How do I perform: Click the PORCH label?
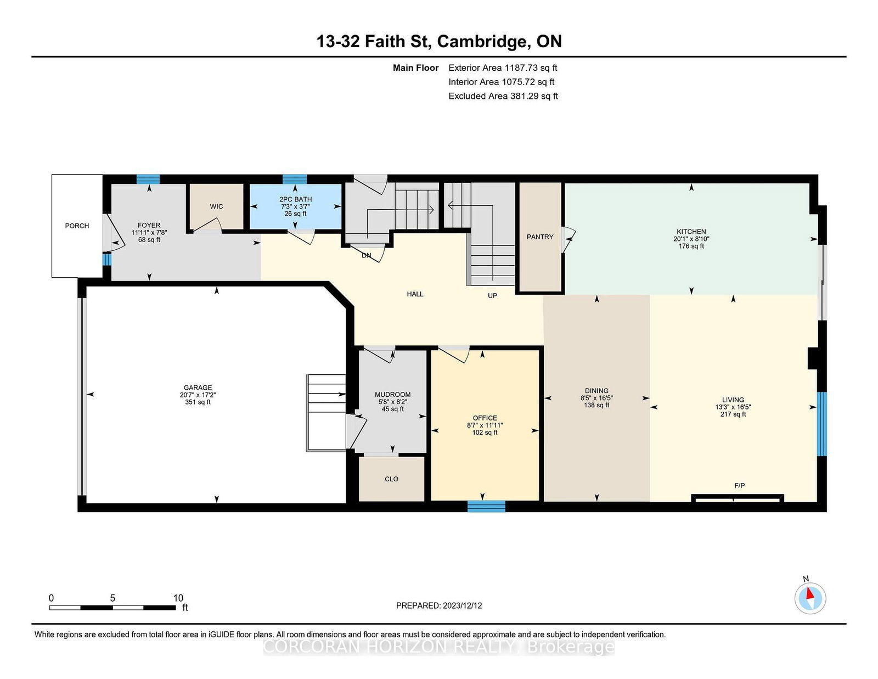point(77,226)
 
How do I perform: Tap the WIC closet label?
point(216,206)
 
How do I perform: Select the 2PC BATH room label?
point(295,199)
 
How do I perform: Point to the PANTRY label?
point(540,237)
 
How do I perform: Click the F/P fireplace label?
point(739,486)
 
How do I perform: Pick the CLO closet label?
point(391,479)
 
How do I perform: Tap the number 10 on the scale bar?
point(178,598)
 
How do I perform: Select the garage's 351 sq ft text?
point(198,402)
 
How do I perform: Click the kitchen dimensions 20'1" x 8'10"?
point(691,239)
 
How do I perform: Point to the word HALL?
point(415,294)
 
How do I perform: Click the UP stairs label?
point(492,295)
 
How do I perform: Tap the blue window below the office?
point(487,507)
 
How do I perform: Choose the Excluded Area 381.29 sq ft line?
point(503,96)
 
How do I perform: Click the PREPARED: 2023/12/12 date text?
point(439,605)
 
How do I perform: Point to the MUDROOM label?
point(392,395)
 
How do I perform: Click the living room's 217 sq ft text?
point(733,414)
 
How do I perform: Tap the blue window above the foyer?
point(148,179)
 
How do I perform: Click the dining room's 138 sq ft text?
point(596,405)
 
